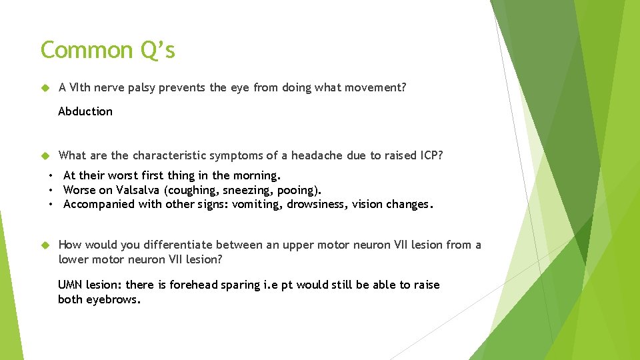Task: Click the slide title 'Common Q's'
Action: pyautogui.click(x=107, y=50)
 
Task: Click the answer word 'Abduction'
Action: pyautogui.click(x=85, y=111)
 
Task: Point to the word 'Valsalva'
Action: pyautogui.click(x=139, y=190)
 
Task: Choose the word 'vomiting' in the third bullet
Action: pyautogui.click(x=257, y=204)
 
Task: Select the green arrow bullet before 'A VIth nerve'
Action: pyautogui.click(x=45, y=87)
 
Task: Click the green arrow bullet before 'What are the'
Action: pyautogui.click(x=45, y=155)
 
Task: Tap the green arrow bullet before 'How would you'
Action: pyautogui.click(x=45, y=245)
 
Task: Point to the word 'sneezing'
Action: pyautogui.click(x=250, y=190)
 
